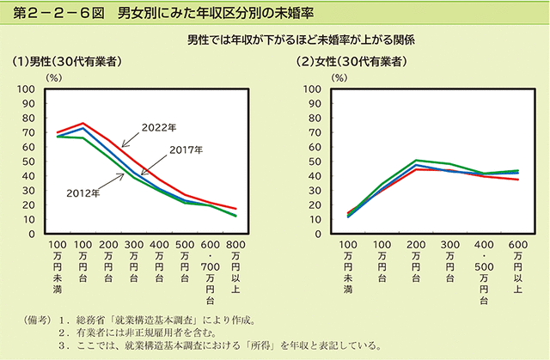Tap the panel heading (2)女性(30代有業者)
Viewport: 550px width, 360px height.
351,63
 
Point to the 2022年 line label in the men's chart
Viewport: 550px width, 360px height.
159,127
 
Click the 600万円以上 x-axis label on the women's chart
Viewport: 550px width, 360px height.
516,266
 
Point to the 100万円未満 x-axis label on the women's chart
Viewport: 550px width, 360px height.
348,266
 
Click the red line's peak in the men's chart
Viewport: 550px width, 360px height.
83,124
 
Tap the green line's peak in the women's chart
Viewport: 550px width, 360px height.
416,160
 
